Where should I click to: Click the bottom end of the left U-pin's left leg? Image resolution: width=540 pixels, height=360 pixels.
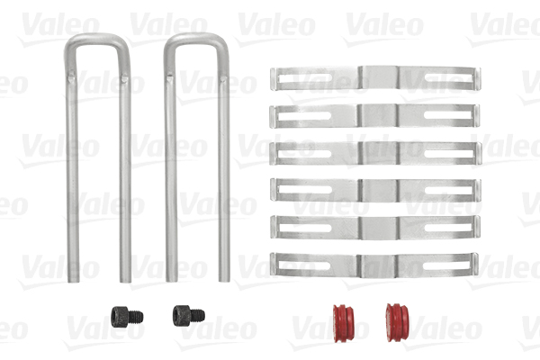click(71, 276)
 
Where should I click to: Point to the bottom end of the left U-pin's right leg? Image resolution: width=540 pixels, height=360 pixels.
click(126, 276)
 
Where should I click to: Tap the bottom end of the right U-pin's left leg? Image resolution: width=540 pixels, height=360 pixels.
click(171, 276)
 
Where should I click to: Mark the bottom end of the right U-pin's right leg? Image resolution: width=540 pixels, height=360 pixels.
click(224, 276)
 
